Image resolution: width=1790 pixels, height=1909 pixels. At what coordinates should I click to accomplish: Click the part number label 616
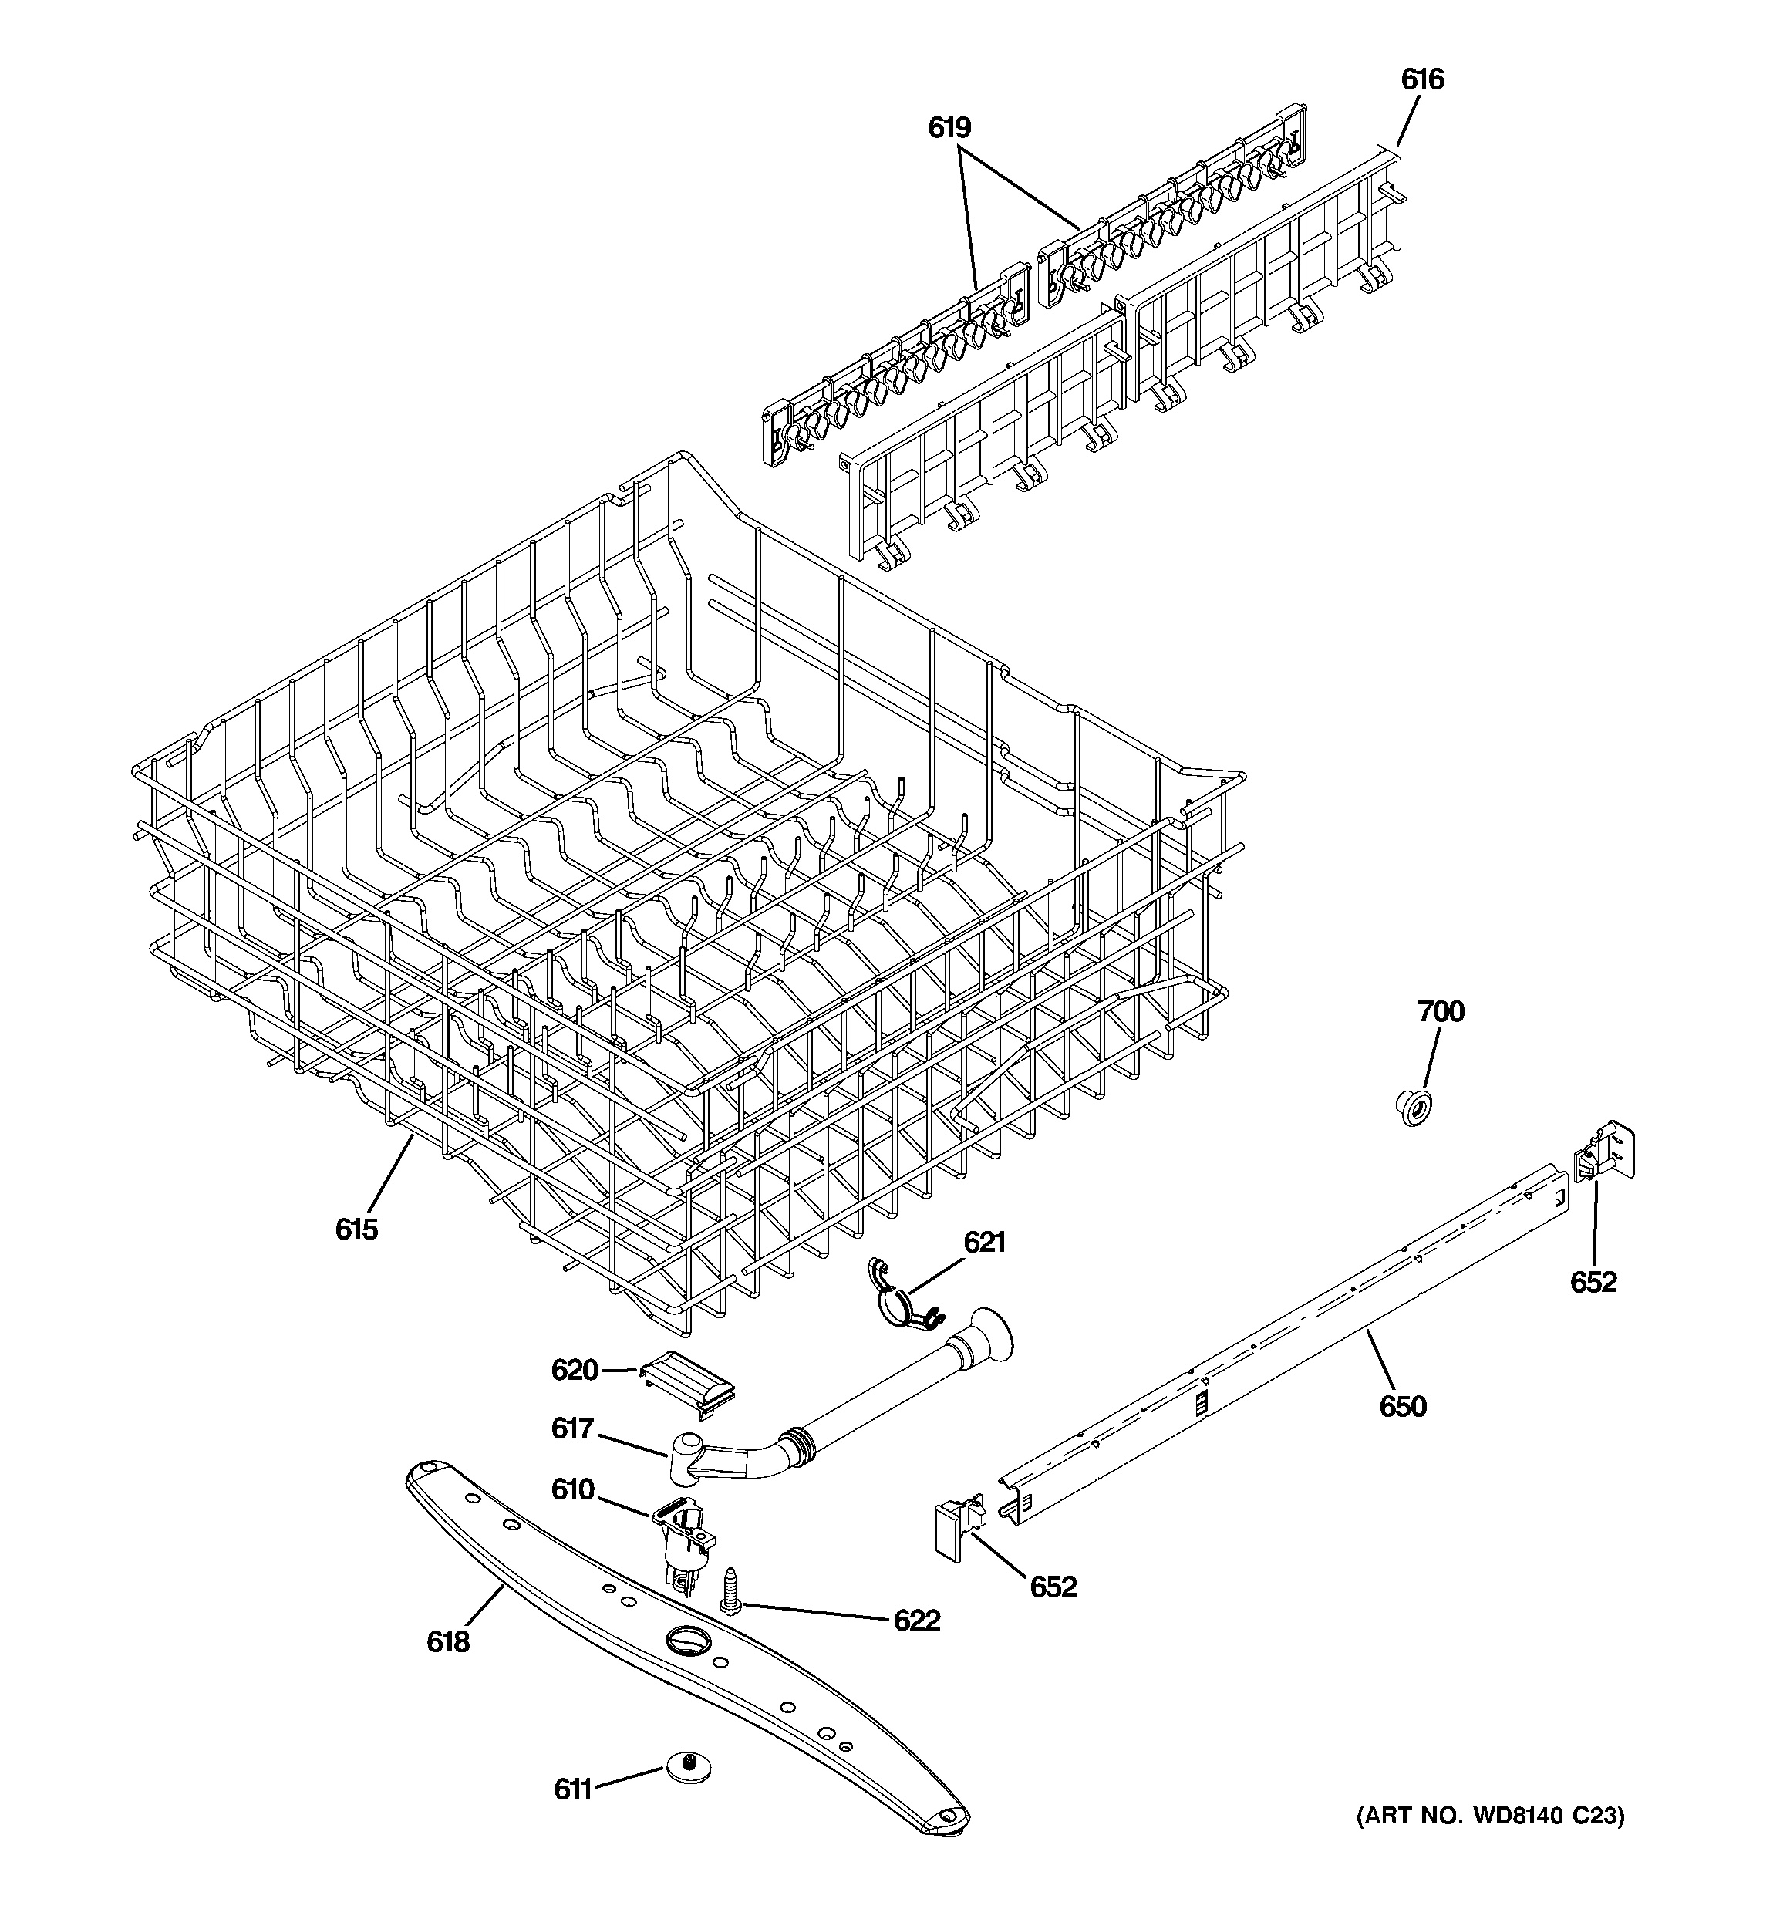tap(1421, 79)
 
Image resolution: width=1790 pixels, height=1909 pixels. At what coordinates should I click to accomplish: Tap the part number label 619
tap(949, 128)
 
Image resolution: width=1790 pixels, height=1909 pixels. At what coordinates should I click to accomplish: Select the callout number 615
tap(356, 1228)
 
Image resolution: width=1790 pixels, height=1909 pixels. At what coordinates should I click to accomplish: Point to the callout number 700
tap(1441, 1011)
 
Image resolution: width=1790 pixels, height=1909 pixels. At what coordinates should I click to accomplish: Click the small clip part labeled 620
tap(689, 1383)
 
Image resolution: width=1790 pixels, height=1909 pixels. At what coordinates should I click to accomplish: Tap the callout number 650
tap(1403, 1407)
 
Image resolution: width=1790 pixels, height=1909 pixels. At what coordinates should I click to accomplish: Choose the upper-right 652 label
tap(1593, 1282)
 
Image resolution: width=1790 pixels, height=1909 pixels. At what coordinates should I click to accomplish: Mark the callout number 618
tap(448, 1642)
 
